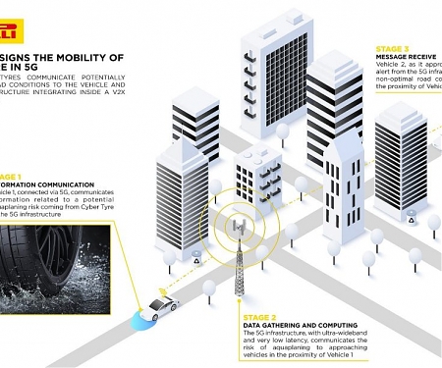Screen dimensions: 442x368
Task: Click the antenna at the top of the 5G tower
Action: coord(239,228)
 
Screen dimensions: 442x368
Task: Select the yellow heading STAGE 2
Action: coord(262,316)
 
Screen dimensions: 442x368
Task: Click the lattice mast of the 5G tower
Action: coord(240,270)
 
